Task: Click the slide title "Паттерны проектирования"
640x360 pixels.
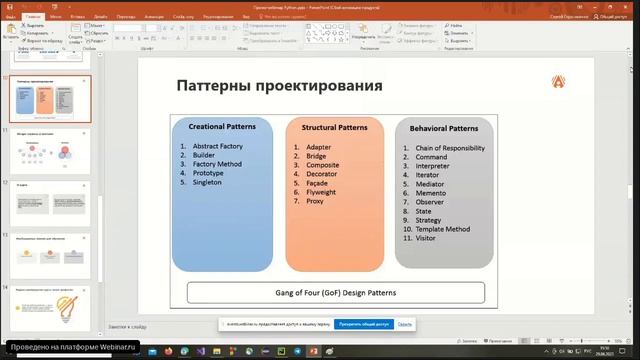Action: pos(279,86)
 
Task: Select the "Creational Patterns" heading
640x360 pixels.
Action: pos(221,127)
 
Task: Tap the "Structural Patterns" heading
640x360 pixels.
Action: pos(334,127)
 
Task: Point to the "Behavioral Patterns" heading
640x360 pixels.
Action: pos(443,128)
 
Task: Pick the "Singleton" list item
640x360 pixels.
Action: pos(209,182)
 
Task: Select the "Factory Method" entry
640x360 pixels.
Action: pos(217,164)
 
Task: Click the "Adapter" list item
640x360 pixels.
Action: pos(318,147)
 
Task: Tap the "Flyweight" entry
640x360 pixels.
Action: pos(322,191)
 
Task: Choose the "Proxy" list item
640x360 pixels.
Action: pos(314,201)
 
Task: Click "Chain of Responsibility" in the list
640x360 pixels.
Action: pos(450,148)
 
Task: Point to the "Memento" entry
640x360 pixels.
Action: pos(431,193)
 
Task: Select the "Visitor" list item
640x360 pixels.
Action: pos(426,238)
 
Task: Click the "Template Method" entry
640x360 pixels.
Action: pos(442,229)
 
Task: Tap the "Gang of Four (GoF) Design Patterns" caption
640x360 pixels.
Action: pos(336,292)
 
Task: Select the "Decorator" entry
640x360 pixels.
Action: pos(322,174)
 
